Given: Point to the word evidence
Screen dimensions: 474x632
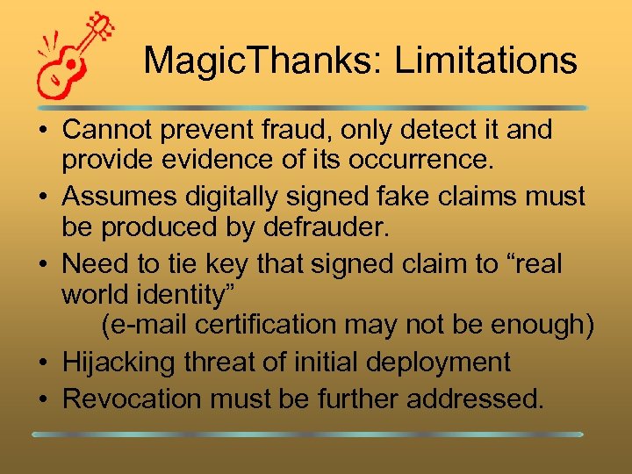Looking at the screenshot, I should coord(212,159).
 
